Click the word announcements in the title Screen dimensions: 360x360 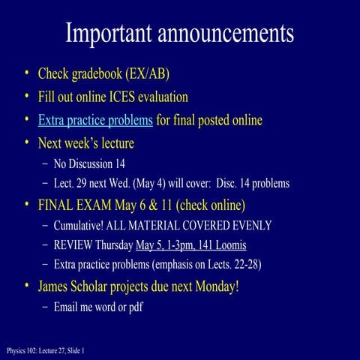223,33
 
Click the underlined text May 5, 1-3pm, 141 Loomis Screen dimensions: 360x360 190,245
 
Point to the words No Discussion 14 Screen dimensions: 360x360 89,163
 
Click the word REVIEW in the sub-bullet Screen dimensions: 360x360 73,245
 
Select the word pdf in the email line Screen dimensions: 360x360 135,307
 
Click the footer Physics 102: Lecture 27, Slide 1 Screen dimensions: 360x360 46,350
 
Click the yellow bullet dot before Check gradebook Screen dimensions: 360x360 27,73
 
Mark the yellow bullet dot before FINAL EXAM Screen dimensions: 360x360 27,204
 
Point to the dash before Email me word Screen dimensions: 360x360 46,307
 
